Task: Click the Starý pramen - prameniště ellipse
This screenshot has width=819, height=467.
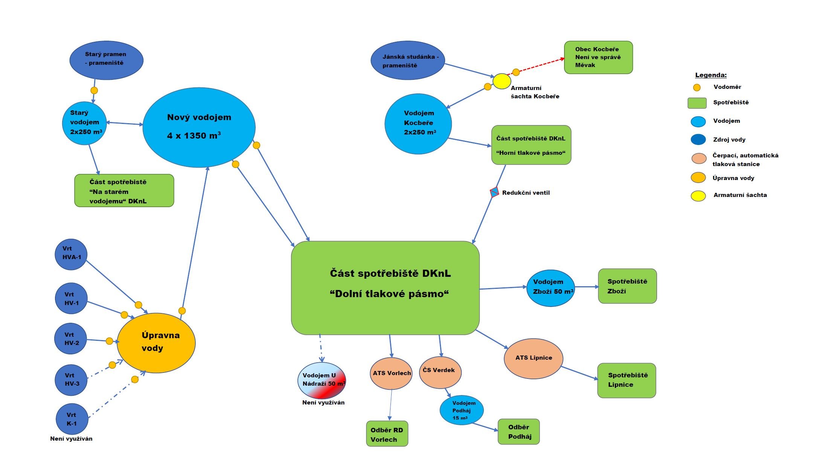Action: point(106,60)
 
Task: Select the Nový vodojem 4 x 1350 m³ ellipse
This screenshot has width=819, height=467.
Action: point(199,127)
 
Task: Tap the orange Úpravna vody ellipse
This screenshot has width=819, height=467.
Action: point(156,343)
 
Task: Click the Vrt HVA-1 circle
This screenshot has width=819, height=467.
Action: point(71,255)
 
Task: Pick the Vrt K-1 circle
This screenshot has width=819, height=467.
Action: point(72,419)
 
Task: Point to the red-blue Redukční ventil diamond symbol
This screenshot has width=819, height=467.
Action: point(494,192)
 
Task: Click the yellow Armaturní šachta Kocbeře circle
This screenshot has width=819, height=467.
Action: point(502,81)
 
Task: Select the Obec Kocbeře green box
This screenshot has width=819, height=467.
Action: point(598,57)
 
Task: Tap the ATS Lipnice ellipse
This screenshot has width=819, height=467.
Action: point(533,359)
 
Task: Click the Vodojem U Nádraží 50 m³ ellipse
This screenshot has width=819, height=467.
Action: point(322,381)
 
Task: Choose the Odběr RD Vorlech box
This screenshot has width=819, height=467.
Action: point(387,434)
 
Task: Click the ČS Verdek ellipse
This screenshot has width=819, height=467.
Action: point(440,372)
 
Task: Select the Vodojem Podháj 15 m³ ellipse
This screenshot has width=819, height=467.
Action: point(461,410)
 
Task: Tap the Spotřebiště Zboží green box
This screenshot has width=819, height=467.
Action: point(627,286)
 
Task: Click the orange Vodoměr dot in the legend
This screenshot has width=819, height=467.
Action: point(697,87)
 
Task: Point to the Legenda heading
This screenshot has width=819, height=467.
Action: point(711,75)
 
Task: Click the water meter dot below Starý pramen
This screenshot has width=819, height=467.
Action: point(94,90)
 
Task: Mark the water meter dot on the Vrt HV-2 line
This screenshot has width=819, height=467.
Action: point(109,341)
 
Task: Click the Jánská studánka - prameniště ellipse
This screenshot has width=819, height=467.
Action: point(407,60)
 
